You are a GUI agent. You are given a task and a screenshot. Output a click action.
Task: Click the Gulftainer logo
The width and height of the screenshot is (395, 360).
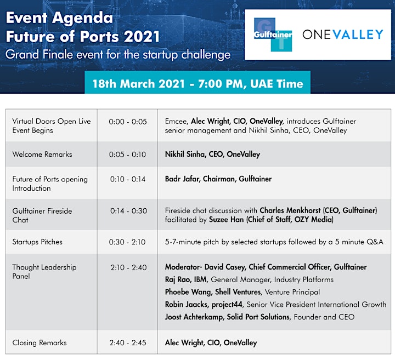[x=273, y=35]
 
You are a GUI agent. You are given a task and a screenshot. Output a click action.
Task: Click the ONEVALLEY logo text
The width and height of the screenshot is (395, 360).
[x=342, y=35]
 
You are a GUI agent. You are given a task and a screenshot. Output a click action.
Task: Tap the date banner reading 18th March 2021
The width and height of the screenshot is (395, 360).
[x=198, y=83]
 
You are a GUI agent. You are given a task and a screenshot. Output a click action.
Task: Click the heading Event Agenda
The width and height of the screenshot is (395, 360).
[x=59, y=18]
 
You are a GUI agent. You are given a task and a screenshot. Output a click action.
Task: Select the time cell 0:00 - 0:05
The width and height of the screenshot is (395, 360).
[x=128, y=122]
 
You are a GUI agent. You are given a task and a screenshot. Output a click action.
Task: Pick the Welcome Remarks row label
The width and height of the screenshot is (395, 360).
[x=42, y=154]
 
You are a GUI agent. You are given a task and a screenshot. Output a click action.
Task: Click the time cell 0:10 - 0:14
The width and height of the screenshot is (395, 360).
[x=128, y=179]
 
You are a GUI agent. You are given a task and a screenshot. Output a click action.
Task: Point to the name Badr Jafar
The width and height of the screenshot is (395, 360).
[x=182, y=179]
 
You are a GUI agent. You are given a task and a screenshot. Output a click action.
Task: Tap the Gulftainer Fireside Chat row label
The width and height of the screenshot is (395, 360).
[x=42, y=215]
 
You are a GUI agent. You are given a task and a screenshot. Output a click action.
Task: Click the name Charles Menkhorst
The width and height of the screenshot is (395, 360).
[x=290, y=210]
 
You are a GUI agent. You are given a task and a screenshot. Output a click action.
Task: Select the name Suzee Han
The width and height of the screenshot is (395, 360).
[x=226, y=220]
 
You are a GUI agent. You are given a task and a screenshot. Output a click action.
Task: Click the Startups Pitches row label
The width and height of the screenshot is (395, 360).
[x=37, y=242]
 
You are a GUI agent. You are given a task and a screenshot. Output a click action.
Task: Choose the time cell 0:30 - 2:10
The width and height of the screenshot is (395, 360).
[x=127, y=242]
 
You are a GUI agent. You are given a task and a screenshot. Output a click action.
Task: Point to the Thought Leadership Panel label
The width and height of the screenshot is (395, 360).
[x=44, y=272]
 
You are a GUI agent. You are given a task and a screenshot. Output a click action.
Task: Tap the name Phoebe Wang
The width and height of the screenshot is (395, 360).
[x=188, y=292]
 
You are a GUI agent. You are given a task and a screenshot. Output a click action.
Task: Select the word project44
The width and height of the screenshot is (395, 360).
[x=227, y=305]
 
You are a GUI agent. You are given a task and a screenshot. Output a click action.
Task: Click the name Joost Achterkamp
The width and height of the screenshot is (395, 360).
[x=194, y=317]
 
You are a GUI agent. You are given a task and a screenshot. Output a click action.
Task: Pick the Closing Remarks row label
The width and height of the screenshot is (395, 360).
[x=39, y=342]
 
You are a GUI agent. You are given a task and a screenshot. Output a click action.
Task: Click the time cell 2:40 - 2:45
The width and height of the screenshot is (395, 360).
[x=128, y=342]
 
